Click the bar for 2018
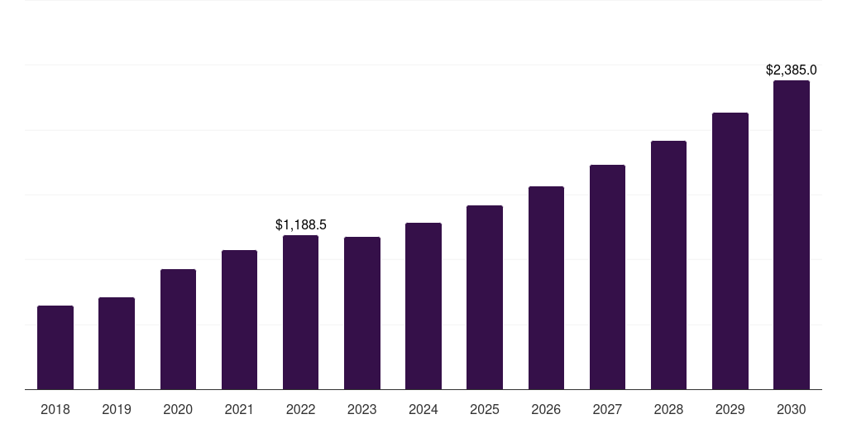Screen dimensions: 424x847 coord(55,348)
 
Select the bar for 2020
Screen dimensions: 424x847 coord(178,330)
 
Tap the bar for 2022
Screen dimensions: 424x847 coord(300,312)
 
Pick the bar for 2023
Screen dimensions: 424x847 coord(362,313)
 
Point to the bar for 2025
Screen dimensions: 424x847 coord(485,297)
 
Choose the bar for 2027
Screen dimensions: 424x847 coord(607,277)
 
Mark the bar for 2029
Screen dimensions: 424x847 coord(730,251)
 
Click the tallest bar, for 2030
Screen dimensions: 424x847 coord(792,235)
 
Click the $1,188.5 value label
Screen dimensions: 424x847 coord(301,224)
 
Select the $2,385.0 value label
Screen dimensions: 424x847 coord(792,70)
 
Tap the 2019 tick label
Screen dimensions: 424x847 coord(117,409)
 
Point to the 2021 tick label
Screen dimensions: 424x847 coord(239,409)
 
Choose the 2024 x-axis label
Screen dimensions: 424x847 coord(423,409)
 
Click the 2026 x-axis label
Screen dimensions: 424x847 coord(546,409)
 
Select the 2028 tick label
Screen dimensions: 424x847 coord(668,409)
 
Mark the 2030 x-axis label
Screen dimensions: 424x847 coord(792,409)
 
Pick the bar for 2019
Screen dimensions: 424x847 coord(117,344)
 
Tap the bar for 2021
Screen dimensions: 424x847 coord(239,320)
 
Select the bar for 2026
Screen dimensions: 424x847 coord(546,288)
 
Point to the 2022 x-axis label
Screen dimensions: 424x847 coord(300,409)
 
